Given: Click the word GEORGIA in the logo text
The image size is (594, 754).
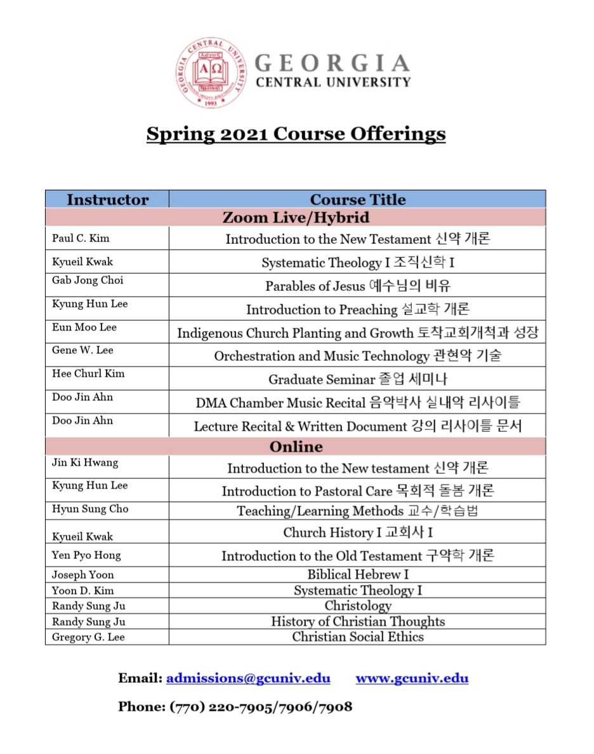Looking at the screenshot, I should [x=332, y=64].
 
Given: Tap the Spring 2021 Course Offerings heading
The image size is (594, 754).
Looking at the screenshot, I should [x=296, y=134].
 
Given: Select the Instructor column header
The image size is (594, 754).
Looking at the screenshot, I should [x=107, y=199].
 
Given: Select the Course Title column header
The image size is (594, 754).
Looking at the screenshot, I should [x=357, y=199].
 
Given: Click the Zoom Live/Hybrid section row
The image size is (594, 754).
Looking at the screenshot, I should [x=296, y=217].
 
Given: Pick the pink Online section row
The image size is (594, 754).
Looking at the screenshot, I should [x=296, y=447].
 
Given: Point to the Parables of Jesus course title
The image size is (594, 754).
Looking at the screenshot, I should [x=357, y=286].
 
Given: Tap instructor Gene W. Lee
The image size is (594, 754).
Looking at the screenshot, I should [x=82, y=350].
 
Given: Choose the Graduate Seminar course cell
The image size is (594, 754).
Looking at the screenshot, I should [x=357, y=379].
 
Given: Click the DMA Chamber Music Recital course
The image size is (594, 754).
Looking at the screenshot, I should [x=357, y=403].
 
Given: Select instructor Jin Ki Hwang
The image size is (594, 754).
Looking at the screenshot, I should [x=85, y=462].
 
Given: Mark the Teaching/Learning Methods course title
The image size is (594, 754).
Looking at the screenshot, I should [x=357, y=511].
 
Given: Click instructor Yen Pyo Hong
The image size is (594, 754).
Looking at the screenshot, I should [x=86, y=555].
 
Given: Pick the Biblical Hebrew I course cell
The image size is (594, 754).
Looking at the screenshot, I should [x=357, y=574].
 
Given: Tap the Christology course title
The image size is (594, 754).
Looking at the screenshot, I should [x=357, y=605].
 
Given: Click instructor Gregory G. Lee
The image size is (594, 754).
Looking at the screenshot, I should [x=88, y=637].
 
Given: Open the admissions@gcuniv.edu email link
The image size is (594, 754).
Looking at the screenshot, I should [x=248, y=678].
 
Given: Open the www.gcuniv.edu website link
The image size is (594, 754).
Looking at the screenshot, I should [x=412, y=678].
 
